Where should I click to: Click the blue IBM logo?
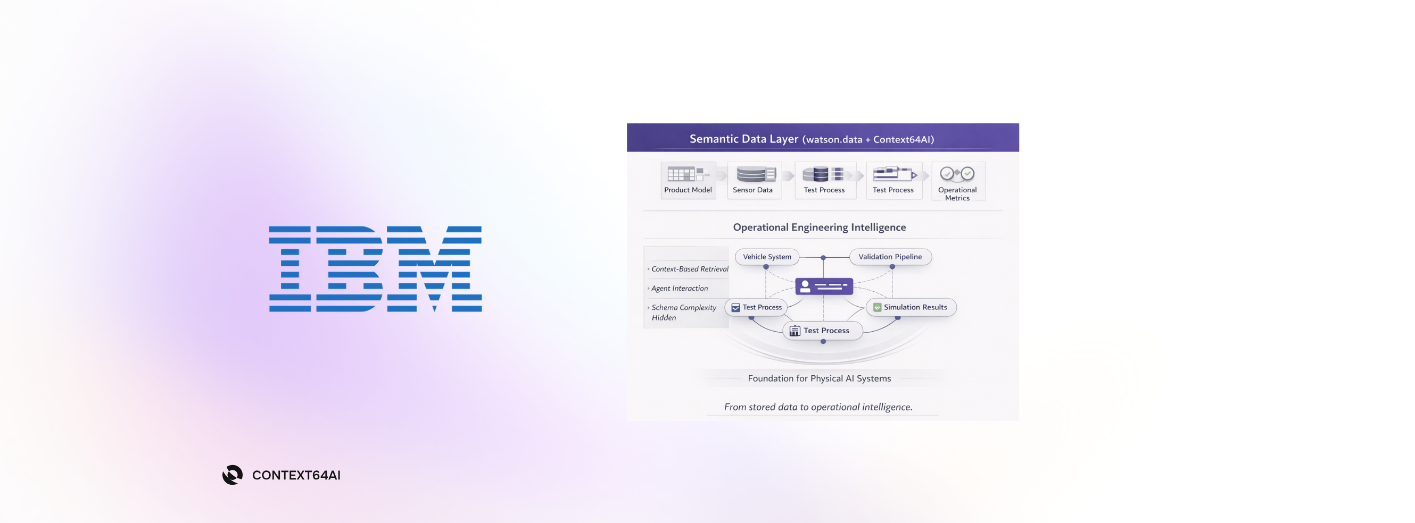coord(375,269)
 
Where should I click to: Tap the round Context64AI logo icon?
coord(233,475)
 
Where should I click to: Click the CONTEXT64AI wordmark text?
coord(296,475)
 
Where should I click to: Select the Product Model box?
coord(688,181)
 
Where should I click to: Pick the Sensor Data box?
coord(754,181)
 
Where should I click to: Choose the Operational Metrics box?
coord(957,182)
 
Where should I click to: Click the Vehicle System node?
coord(767,257)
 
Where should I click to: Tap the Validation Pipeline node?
coord(890,257)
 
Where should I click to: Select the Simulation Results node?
coord(911,307)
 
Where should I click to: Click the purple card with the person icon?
coord(824,286)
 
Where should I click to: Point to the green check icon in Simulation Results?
coord(877,307)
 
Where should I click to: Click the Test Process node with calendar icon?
coord(822,331)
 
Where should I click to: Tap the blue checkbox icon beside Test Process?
coord(735,307)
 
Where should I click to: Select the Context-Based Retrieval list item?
coord(689,269)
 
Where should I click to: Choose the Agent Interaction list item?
coord(680,288)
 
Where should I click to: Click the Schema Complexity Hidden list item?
coord(683,313)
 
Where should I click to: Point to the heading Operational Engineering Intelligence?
coord(819,227)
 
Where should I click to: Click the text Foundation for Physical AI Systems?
coord(819,378)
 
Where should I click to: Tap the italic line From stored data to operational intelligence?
coord(818,407)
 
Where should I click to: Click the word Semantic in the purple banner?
coord(713,139)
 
